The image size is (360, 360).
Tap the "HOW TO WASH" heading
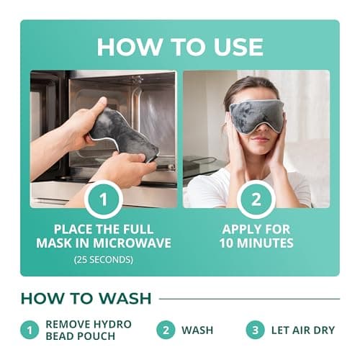tap(85, 298)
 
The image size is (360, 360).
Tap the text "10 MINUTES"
tap(256, 243)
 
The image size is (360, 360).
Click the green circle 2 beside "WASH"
tap(165, 330)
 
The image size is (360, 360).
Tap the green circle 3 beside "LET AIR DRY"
tap(254, 330)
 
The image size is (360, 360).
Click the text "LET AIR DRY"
tap(304, 330)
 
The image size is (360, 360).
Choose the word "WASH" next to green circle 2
tap(197, 330)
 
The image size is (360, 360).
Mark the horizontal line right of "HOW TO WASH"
tap(249, 298)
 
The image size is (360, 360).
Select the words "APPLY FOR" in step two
tap(256, 228)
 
